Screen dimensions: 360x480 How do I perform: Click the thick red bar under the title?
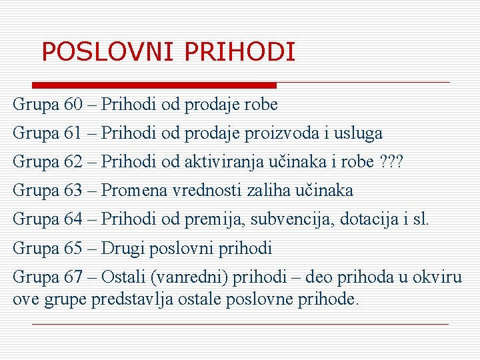point(155,85)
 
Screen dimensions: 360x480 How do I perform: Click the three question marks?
point(392,162)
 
